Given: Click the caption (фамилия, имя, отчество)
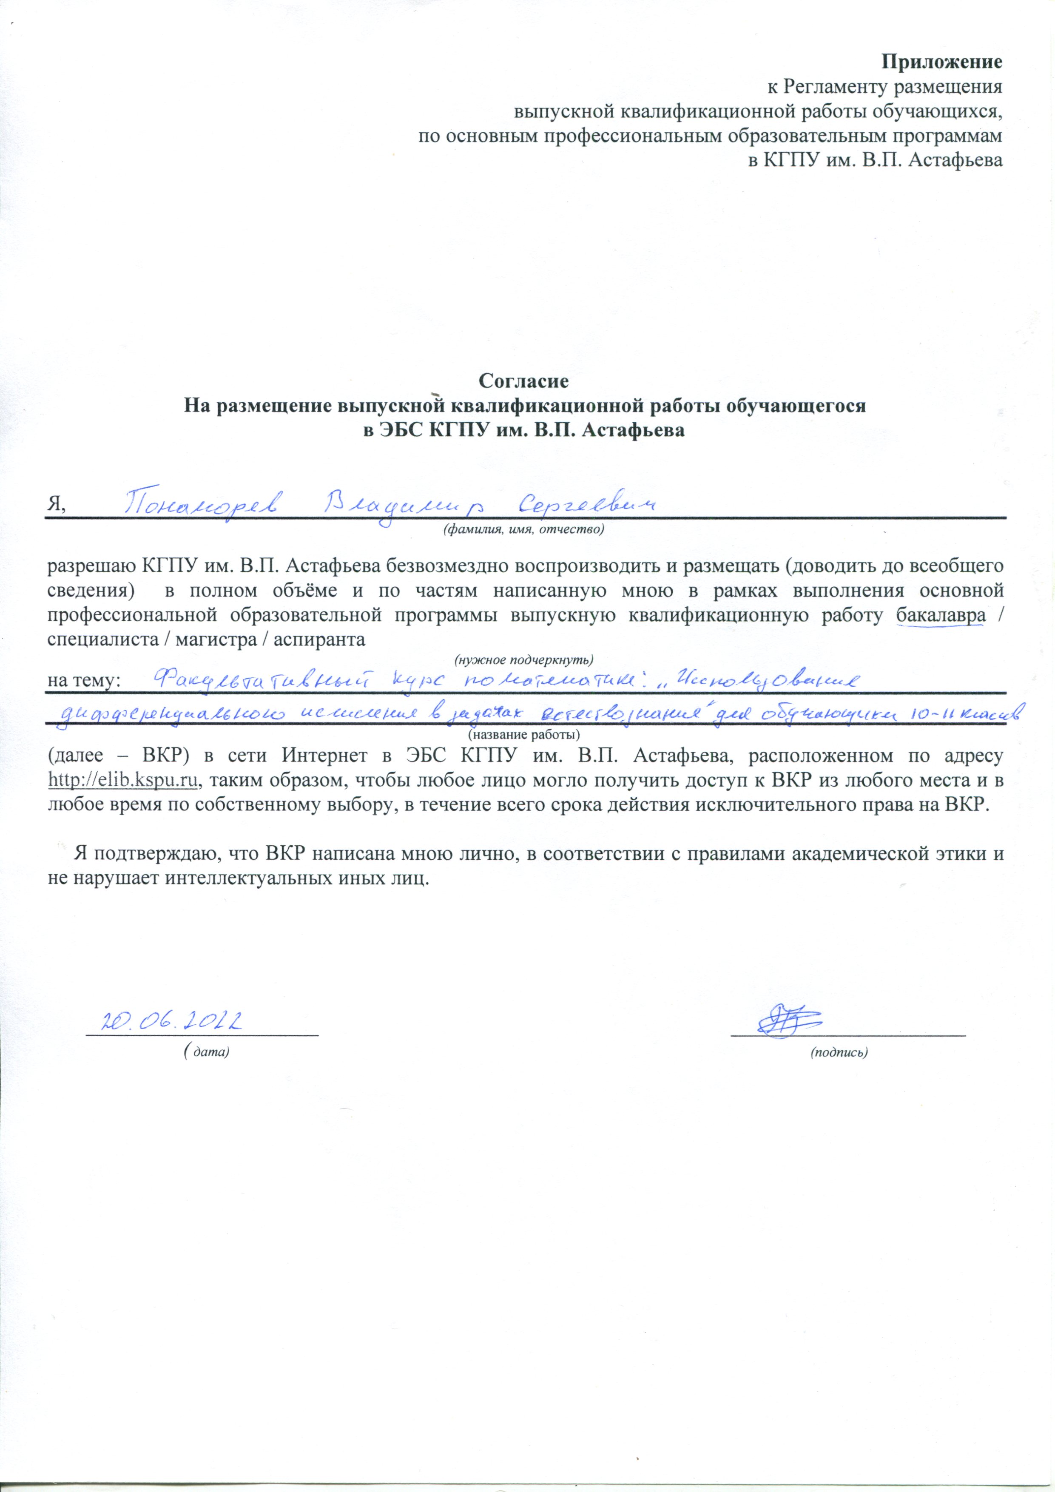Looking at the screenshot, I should pyautogui.click(x=523, y=530).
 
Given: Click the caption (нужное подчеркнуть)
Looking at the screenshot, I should pyautogui.click(x=523, y=659).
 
